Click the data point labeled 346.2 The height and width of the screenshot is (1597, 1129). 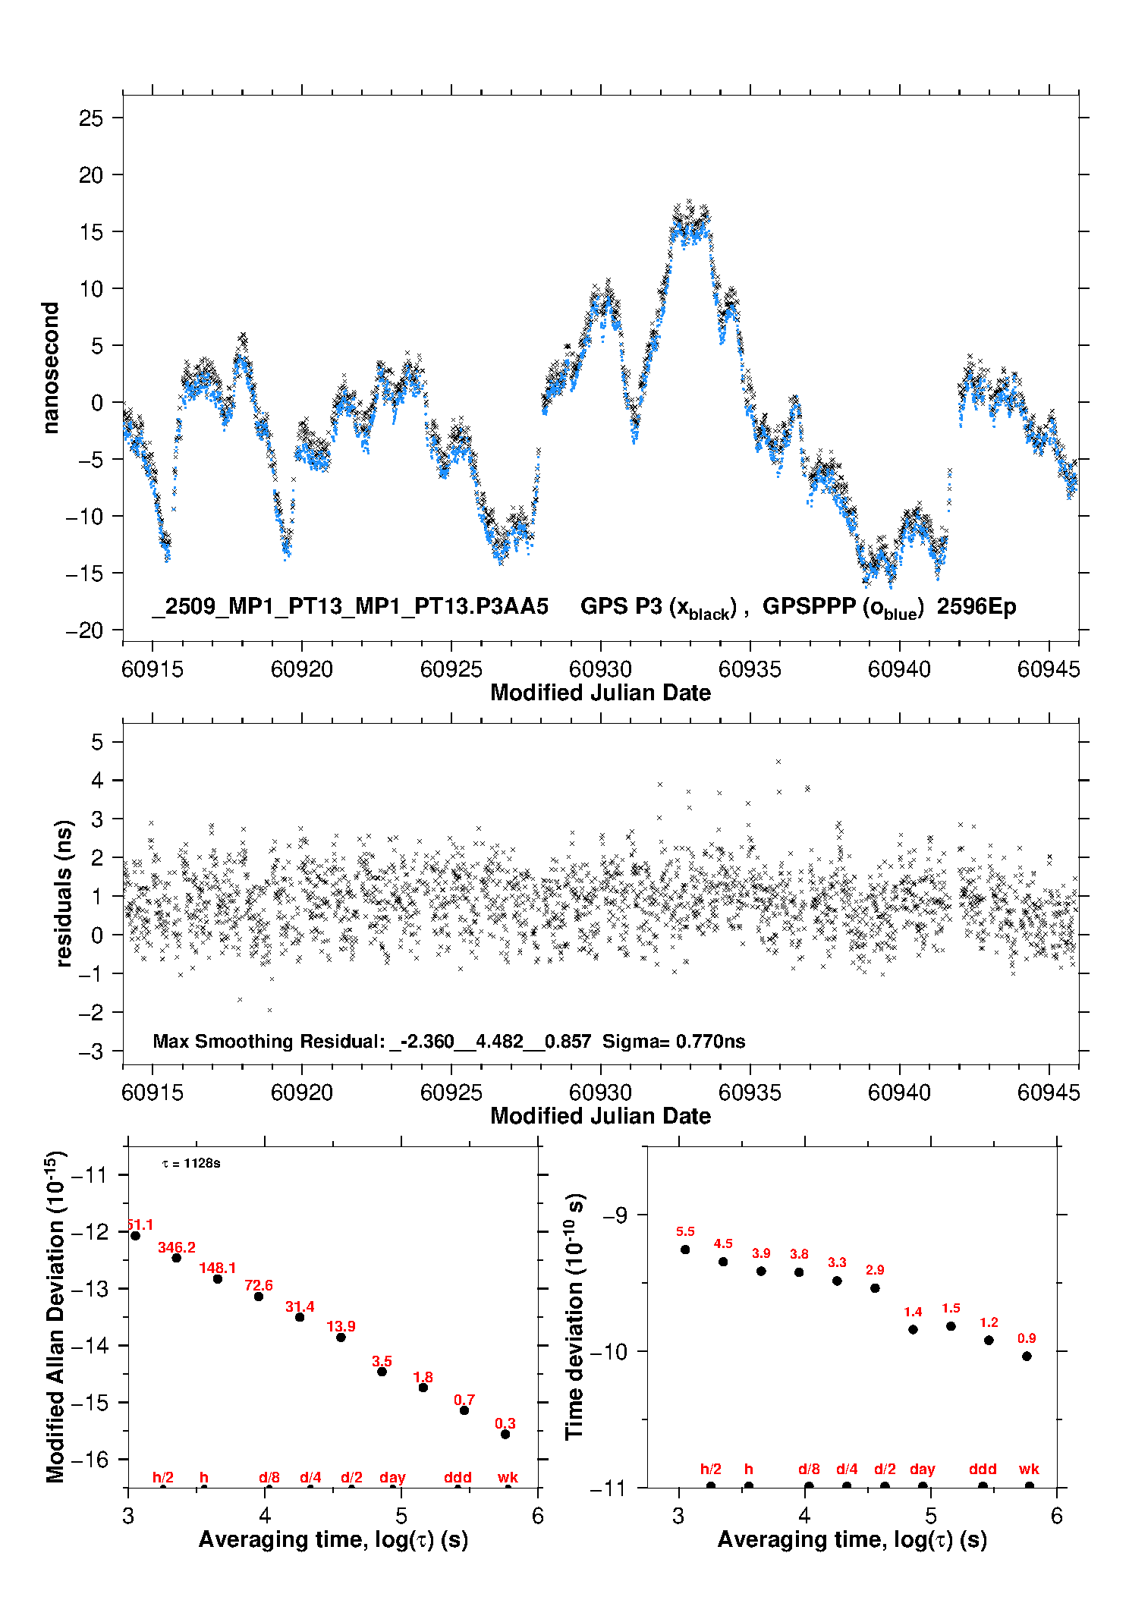coord(177,1258)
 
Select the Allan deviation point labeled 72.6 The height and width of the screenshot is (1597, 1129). coord(259,1297)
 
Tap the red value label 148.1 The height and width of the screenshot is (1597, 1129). coord(218,1268)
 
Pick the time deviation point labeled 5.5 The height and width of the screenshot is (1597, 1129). coord(685,1250)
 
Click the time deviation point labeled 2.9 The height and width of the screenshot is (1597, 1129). coord(875,1288)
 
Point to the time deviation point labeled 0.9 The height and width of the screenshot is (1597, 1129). coord(1027,1357)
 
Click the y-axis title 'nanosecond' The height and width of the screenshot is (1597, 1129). coord(51,368)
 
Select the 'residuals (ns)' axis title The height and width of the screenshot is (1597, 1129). coord(64,894)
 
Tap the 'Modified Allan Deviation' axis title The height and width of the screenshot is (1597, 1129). coord(55,1316)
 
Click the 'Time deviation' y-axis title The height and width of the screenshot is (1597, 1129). coord(574,1316)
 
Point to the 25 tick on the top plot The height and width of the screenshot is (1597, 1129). coord(91,118)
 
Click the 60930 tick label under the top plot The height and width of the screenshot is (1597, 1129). coord(600,669)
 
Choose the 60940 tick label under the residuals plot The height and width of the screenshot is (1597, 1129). coord(899,1092)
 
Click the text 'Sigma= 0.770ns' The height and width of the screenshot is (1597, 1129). coord(674,1041)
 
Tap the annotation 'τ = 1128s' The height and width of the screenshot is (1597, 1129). coord(191,1164)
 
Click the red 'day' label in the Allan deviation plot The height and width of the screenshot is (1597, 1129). coord(392,1477)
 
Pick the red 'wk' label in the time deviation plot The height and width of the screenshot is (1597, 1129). coord(1029,1470)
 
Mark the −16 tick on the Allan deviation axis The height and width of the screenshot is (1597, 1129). coord(90,1459)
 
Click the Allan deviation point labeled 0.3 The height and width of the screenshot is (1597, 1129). coord(505,1434)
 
